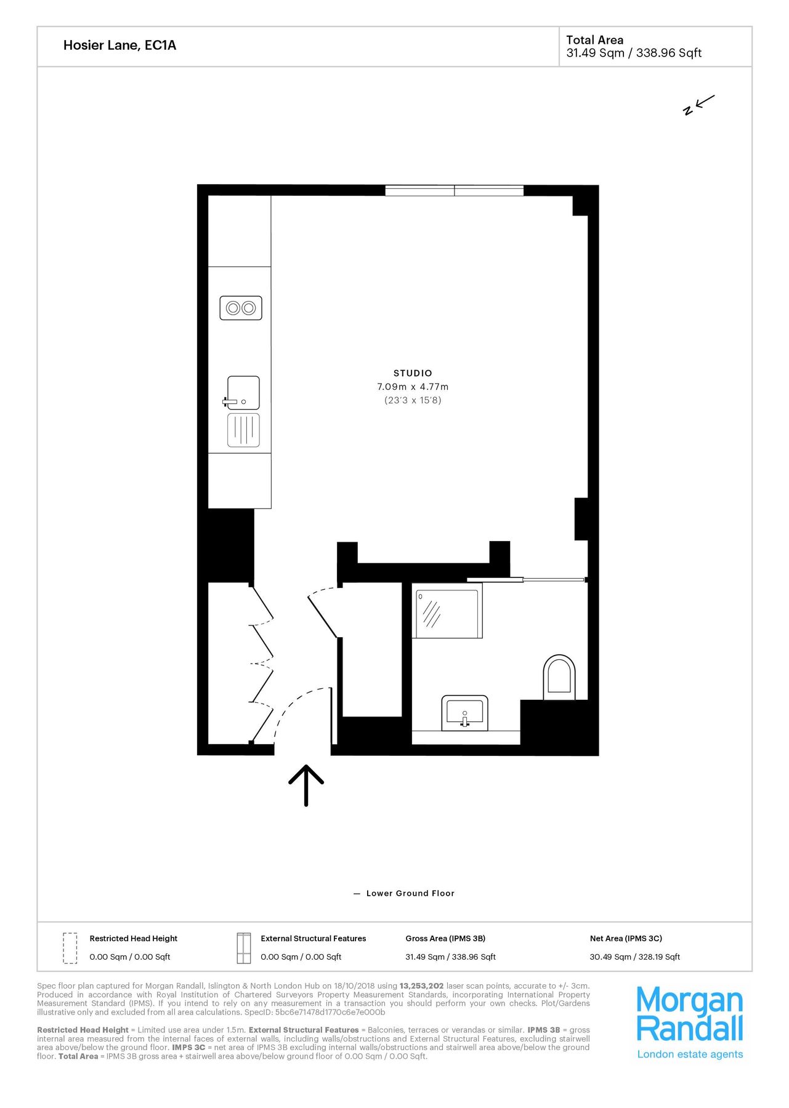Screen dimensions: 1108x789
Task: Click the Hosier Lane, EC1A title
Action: (x=119, y=46)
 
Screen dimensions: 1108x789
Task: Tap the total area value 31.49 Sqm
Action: (x=595, y=53)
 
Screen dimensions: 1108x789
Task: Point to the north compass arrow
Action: (x=699, y=105)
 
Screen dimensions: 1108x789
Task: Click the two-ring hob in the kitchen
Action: (x=241, y=308)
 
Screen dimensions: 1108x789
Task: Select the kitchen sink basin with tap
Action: (x=243, y=393)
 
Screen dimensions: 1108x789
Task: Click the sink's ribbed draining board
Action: (x=243, y=430)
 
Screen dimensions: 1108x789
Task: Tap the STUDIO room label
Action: (x=413, y=373)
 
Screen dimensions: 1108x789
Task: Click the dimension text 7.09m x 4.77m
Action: (x=413, y=387)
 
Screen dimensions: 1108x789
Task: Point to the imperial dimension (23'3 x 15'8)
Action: (x=413, y=400)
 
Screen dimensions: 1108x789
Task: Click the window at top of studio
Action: (x=455, y=190)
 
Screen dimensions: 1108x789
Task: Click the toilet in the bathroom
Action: (x=559, y=676)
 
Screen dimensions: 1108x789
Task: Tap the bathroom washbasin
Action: (x=464, y=713)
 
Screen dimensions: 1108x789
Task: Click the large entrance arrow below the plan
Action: (x=306, y=785)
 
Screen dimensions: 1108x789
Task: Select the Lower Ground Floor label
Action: (x=410, y=893)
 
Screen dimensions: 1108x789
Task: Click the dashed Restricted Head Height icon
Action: (x=70, y=948)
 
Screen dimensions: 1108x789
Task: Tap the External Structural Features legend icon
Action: (x=244, y=948)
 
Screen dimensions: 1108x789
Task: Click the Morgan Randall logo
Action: (x=689, y=1022)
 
